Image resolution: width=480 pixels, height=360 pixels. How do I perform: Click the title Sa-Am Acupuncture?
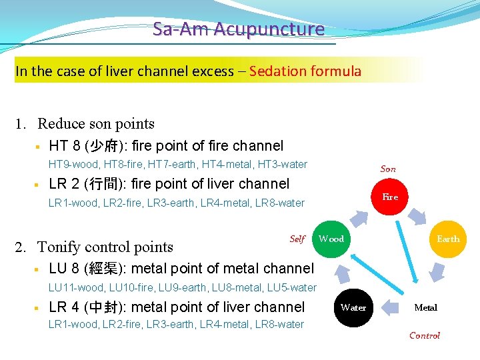click(x=238, y=29)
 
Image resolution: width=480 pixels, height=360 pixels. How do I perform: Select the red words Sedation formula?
click(x=305, y=71)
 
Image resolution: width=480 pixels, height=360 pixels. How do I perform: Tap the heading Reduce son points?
click(x=96, y=123)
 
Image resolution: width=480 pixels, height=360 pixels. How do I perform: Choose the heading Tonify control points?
click(x=105, y=247)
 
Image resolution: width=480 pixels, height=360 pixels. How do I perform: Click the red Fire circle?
click(x=390, y=197)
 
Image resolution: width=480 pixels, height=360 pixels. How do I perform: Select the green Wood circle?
click(x=331, y=239)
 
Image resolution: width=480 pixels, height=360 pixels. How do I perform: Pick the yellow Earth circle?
click(x=447, y=239)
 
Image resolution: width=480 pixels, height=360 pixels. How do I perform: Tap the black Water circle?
click(x=353, y=307)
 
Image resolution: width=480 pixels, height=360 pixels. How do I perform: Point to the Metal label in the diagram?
click(x=425, y=307)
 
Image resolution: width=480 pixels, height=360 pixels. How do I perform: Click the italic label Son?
click(x=388, y=169)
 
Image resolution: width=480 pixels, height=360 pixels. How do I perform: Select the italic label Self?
click(x=297, y=239)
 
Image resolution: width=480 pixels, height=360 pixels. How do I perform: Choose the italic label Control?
click(x=425, y=335)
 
